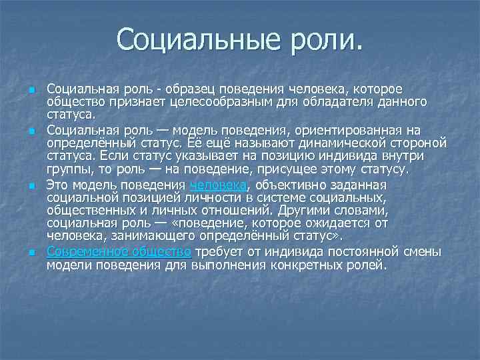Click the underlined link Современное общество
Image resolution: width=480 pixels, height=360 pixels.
click(119, 251)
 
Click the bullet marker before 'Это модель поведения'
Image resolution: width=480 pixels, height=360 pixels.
click(32, 186)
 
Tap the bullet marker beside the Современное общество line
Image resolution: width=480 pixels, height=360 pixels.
click(32, 252)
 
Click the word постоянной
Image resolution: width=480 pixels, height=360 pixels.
click(323, 251)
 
